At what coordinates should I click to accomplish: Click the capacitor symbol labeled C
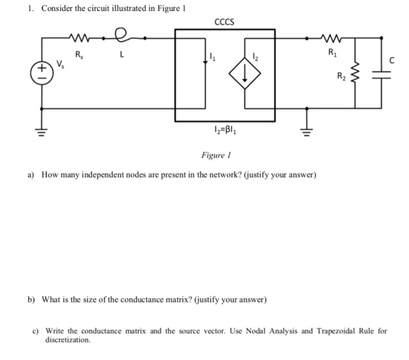[383, 75]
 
